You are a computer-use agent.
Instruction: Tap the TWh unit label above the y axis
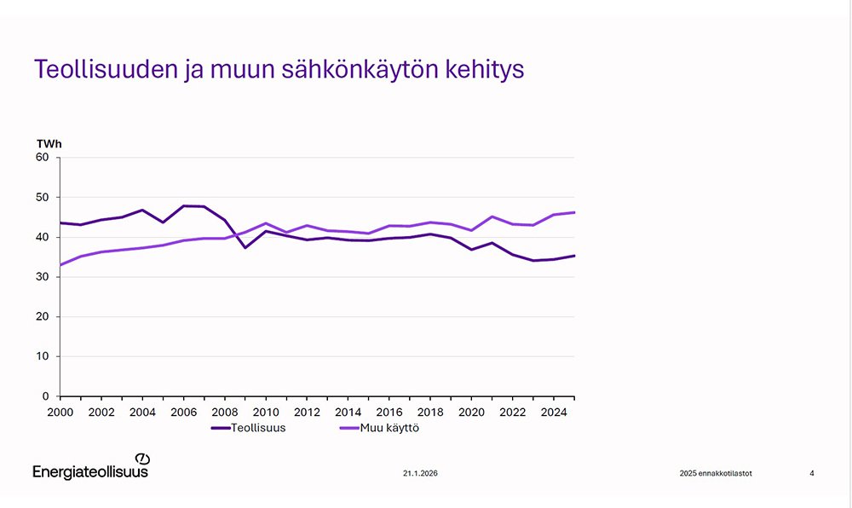(x=49, y=143)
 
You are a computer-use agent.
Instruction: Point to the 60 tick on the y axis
(x=43, y=158)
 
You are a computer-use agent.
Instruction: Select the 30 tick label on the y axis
(x=43, y=277)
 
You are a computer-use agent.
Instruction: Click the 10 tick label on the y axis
(x=43, y=356)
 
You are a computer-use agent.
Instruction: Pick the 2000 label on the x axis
(x=60, y=412)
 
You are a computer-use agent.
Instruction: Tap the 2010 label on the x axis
(x=265, y=412)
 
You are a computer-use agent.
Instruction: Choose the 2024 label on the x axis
(x=554, y=412)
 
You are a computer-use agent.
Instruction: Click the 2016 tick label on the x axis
(x=389, y=412)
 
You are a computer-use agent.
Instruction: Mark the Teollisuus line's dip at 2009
(x=245, y=247)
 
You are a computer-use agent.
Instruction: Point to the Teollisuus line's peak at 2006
(x=183, y=206)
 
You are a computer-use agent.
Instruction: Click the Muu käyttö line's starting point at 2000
(x=60, y=265)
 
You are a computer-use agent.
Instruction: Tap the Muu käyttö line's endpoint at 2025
(x=574, y=212)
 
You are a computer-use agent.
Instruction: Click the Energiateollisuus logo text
(x=90, y=471)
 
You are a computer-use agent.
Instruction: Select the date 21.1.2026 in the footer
(x=421, y=473)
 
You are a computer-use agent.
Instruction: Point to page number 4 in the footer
(x=811, y=473)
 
